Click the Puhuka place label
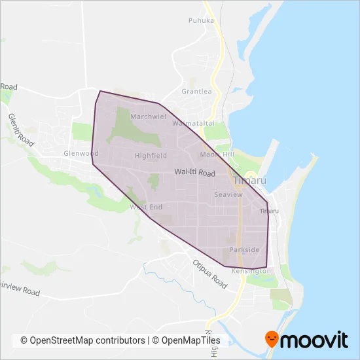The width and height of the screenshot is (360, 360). point(201,20)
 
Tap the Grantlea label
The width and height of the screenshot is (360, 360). point(196,92)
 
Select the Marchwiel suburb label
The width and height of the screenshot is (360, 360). point(149,117)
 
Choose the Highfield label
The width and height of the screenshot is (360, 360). point(151,156)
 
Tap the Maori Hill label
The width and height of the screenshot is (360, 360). point(217,154)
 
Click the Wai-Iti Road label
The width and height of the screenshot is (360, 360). point(195,173)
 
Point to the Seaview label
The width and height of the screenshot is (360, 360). point(228,195)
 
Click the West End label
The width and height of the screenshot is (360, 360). point(146,207)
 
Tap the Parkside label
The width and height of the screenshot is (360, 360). point(245,250)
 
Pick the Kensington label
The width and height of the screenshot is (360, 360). point(251,270)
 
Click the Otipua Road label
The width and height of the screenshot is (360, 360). point(209,275)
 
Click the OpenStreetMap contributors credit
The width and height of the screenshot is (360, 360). point(82,340)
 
